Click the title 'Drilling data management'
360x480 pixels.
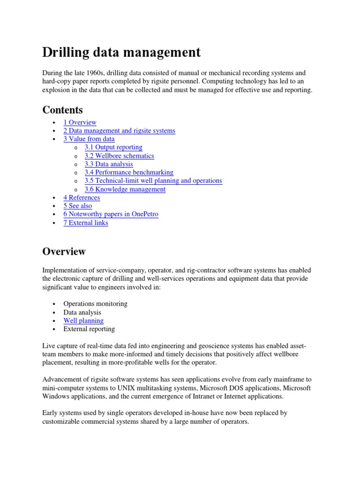[121, 52]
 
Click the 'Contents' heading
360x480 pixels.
[62, 110]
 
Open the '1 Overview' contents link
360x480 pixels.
[80, 122]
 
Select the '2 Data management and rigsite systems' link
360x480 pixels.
[119, 131]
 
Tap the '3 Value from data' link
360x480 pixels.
[89, 139]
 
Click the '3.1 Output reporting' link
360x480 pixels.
[113, 147]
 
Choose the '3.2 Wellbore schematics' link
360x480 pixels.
[119, 156]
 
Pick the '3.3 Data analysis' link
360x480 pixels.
[109, 164]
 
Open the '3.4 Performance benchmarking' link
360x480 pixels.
[129, 172]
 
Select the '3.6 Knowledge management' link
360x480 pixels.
[125, 189]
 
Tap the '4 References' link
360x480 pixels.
[82, 198]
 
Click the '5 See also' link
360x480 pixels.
[78, 206]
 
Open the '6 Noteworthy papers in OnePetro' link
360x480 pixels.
[111, 214]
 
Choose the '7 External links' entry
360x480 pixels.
[86, 223]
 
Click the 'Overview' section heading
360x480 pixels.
[64, 251]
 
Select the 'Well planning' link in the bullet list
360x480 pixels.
[83, 321]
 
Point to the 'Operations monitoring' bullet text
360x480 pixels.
[95, 304]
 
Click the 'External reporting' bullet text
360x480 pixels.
[89, 329]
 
